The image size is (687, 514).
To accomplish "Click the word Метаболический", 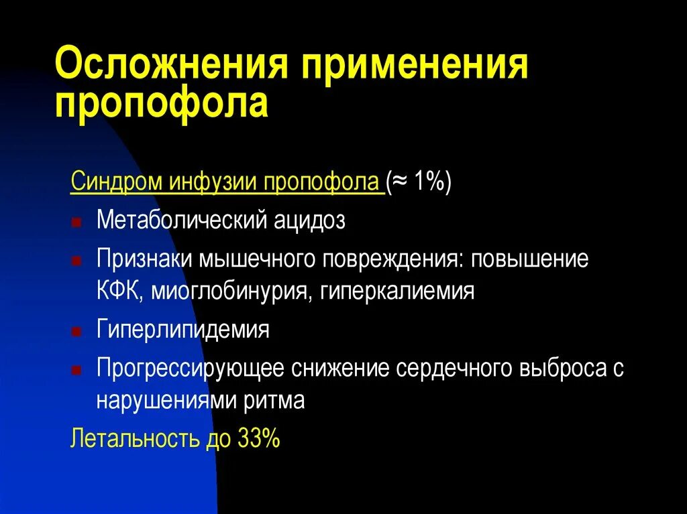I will click(x=180, y=220).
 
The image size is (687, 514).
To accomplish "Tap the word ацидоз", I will click(x=309, y=220).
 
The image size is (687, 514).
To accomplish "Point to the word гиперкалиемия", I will click(x=397, y=292).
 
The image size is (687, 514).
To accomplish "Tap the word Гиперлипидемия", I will click(x=183, y=330).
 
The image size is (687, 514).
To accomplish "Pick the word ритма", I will click(x=277, y=401).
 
